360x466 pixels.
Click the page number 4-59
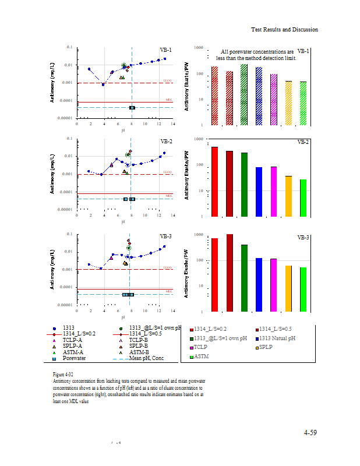(310, 433)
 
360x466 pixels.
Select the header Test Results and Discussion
(284, 30)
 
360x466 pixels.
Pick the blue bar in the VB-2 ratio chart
(259, 191)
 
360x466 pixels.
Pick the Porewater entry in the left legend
(73, 358)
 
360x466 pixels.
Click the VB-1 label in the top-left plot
(165, 50)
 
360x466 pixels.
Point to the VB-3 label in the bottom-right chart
(303, 238)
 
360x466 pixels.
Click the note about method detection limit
(257, 55)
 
